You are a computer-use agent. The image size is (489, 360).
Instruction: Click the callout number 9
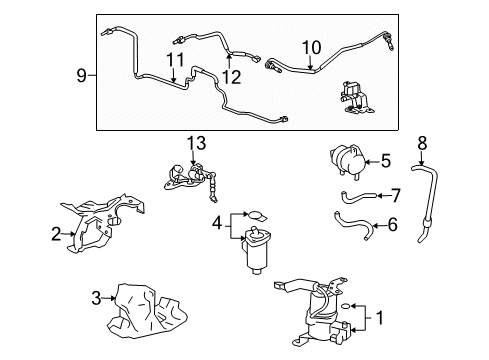tap(82, 76)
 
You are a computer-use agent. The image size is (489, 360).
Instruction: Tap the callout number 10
tap(312, 47)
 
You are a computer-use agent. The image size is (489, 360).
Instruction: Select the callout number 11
tap(175, 60)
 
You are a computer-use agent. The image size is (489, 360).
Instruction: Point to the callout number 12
tap(231, 77)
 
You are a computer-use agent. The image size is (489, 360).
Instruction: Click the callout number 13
tap(196, 143)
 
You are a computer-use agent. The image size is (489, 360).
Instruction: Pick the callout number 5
tap(386, 161)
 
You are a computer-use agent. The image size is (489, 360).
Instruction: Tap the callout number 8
tap(422, 143)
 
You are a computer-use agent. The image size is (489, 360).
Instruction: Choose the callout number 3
tap(96, 298)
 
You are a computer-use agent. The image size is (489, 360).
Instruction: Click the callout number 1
tap(379, 318)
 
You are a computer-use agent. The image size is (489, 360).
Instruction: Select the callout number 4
tap(217, 223)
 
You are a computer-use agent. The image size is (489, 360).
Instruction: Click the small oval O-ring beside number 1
tap(346, 305)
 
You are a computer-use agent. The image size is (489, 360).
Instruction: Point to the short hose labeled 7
tap(358, 196)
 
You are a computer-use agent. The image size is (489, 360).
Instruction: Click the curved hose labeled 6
tap(355, 222)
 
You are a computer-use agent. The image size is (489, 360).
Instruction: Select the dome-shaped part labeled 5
tap(347, 161)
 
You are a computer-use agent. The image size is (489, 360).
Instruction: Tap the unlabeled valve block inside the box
tap(353, 97)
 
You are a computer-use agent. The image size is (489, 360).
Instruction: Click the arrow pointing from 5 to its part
tap(372, 162)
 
